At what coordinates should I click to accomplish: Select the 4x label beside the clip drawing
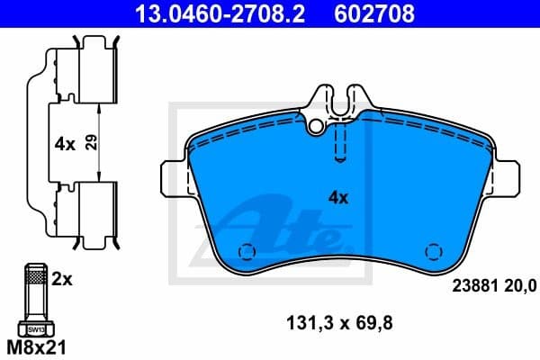(65, 142)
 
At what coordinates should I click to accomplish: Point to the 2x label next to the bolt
(62, 280)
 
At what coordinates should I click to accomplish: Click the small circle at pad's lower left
(242, 252)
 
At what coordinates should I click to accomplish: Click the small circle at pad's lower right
(432, 252)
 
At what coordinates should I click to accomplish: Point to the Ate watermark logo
(279, 225)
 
